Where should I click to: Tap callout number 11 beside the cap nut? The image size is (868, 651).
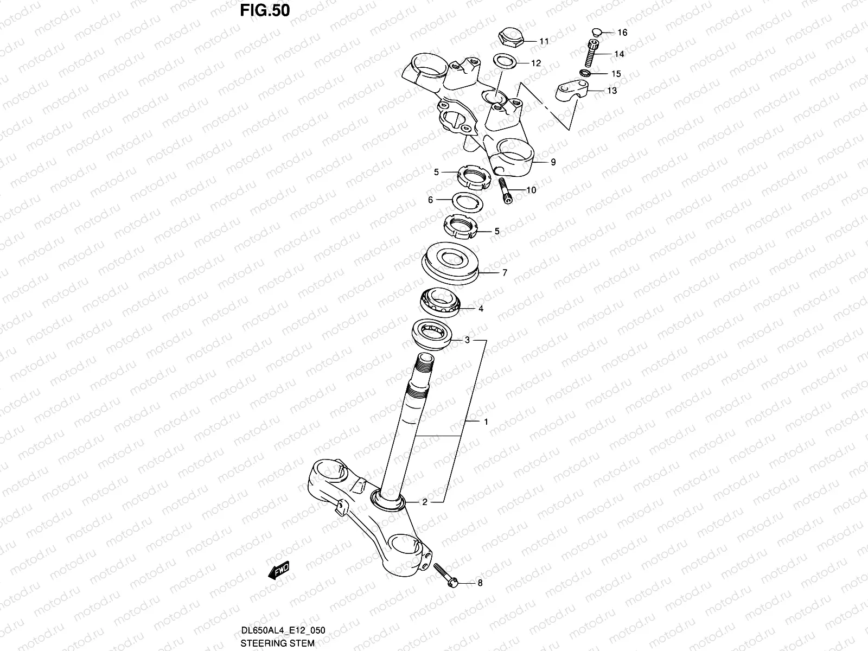tap(544, 41)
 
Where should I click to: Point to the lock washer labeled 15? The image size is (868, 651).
tap(585, 73)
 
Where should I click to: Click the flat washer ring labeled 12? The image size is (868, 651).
tap(504, 61)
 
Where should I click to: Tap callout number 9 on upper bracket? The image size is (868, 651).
tap(553, 162)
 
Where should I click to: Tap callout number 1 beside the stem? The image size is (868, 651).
tap(486, 422)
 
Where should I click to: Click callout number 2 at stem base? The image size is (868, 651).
tap(425, 502)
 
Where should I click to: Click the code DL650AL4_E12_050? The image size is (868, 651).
tap(283, 630)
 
